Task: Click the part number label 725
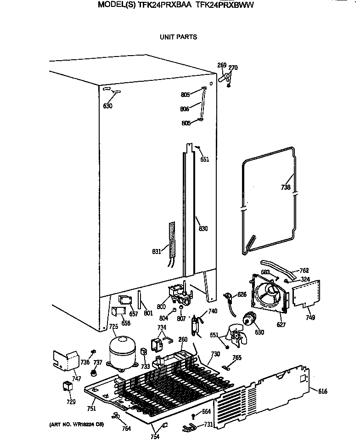click(113, 327)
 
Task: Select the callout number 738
click(286, 187)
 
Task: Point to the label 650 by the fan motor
click(259, 332)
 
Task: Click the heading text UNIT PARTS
click(178, 37)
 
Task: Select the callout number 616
click(323, 391)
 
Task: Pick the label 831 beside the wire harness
click(157, 251)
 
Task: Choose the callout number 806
click(185, 109)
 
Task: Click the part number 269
click(222, 66)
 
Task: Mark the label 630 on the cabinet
click(107, 106)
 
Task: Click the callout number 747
click(76, 379)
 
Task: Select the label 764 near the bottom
click(126, 429)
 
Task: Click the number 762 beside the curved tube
click(304, 270)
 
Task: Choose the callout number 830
click(203, 228)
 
